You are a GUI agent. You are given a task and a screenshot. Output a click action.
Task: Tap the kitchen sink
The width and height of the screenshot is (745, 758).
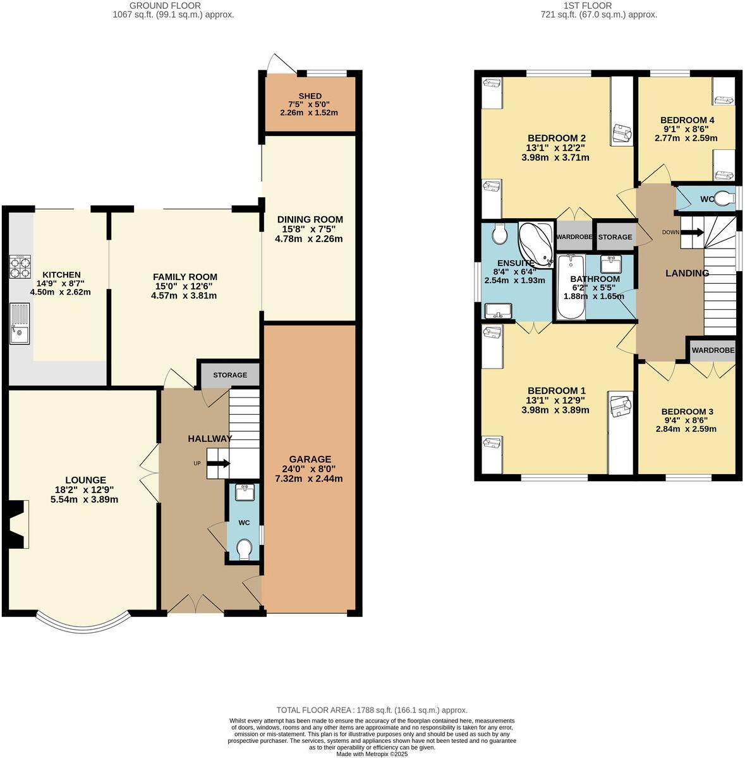20,324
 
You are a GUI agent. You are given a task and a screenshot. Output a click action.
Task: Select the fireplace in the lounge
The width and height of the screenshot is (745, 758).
16,523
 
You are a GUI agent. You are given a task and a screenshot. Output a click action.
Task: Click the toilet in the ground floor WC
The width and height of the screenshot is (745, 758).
244,550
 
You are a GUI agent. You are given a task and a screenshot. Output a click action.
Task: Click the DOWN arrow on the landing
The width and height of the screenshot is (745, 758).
691,232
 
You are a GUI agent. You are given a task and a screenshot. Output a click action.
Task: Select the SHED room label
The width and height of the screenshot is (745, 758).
309,95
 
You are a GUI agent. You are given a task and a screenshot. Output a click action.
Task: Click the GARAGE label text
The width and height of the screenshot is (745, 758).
310,459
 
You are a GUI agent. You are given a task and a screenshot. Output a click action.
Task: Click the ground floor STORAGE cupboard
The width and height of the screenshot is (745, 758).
230,375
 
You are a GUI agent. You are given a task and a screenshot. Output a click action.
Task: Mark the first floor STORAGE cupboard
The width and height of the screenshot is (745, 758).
615,237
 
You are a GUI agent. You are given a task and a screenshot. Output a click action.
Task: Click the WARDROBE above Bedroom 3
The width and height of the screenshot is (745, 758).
713,350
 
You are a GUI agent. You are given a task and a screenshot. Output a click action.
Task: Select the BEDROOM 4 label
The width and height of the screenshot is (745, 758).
687,120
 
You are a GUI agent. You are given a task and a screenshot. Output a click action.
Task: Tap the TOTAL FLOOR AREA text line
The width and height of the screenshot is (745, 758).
372,710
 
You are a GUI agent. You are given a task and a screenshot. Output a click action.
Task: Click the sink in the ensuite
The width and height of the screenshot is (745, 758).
498,311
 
